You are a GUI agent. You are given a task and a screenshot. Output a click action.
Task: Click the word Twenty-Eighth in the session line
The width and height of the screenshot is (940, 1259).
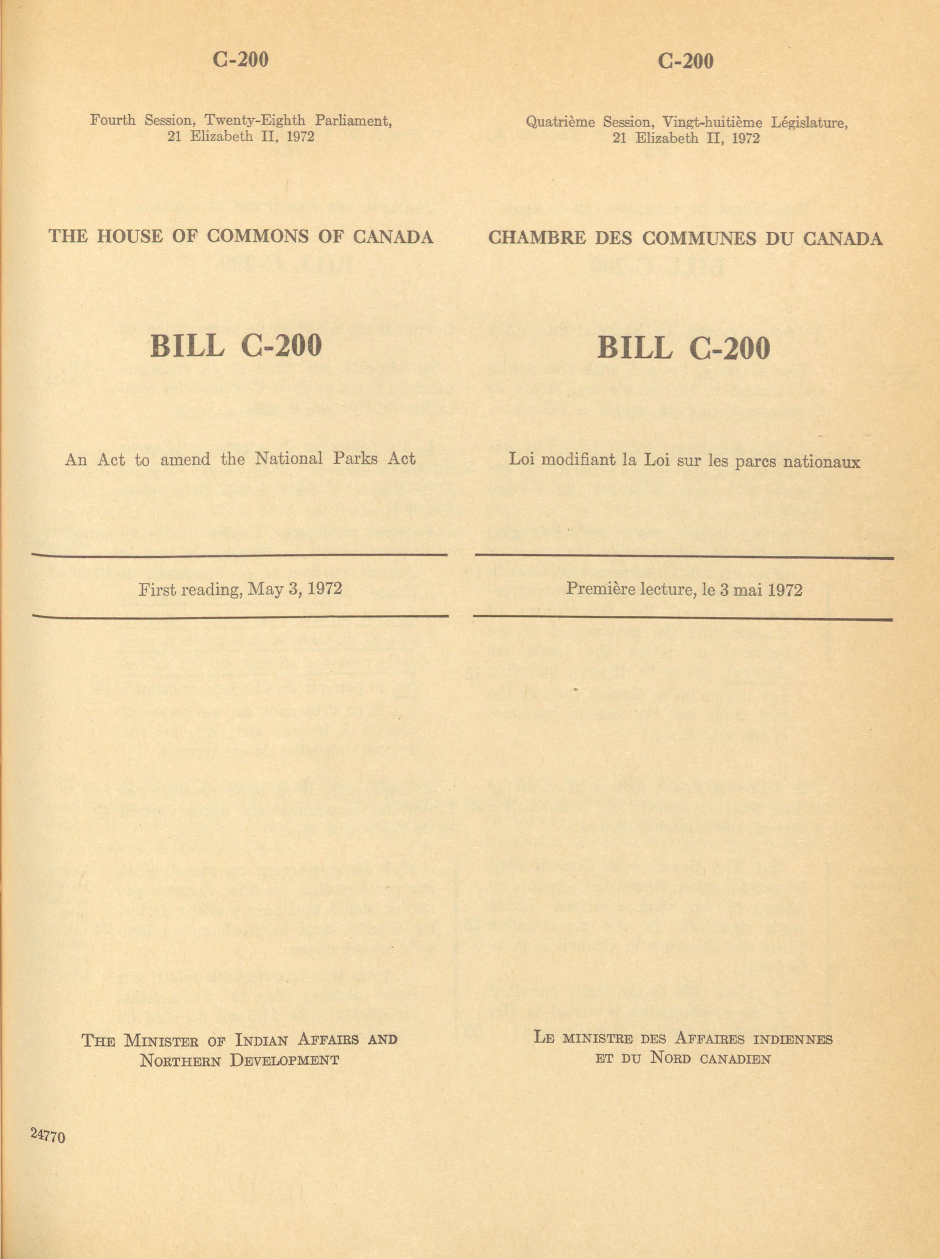point(255,121)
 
